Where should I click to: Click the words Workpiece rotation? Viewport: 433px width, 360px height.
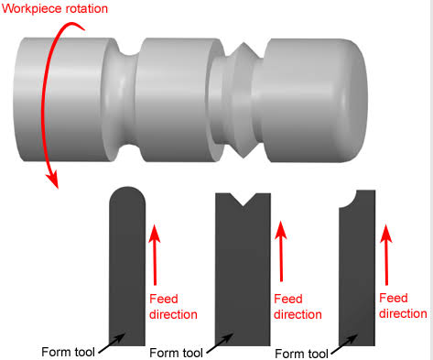pyautogui.click(x=55, y=8)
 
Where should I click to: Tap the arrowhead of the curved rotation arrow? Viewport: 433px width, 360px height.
pyautogui.click(x=52, y=180)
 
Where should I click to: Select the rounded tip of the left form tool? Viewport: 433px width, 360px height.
pyautogui.click(x=127, y=195)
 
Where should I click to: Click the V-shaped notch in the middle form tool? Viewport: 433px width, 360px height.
pyautogui.click(x=244, y=199)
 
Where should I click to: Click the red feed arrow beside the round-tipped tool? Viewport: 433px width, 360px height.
pyautogui.click(x=155, y=255)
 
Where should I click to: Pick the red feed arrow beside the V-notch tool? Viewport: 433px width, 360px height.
pyautogui.click(x=281, y=251)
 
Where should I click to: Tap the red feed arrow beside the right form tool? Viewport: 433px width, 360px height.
pyautogui.click(x=386, y=255)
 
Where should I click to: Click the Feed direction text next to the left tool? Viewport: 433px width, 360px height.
pyautogui.click(x=173, y=307)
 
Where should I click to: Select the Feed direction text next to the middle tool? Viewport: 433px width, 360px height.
pyautogui.click(x=298, y=307)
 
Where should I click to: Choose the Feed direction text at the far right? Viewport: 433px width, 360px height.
pyautogui.click(x=403, y=306)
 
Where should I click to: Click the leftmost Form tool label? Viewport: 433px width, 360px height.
pyautogui.click(x=68, y=352)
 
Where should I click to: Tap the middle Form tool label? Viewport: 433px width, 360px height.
pyautogui.click(x=176, y=353)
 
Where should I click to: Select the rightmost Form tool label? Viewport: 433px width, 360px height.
pyautogui.click(x=301, y=354)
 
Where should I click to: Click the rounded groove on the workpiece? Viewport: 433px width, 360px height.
pyautogui.click(x=127, y=99)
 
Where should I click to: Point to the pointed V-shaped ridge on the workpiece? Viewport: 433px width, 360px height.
pyautogui.click(x=244, y=100)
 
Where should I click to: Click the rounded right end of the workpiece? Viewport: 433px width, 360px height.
pyautogui.click(x=354, y=100)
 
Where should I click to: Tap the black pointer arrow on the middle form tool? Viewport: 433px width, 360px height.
pyautogui.click(x=220, y=344)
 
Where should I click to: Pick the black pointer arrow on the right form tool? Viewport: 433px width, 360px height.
pyautogui.click(x=344, y=344)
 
